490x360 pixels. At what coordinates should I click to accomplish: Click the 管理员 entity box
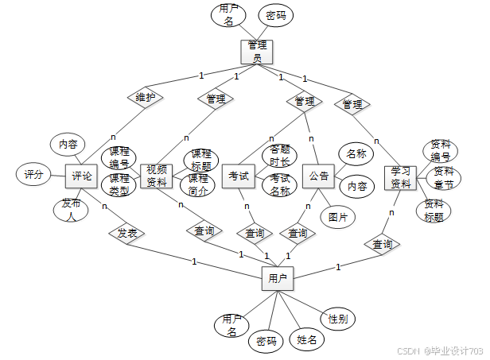256,52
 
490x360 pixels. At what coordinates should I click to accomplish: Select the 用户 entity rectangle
277,278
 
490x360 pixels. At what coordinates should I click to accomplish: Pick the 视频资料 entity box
157,176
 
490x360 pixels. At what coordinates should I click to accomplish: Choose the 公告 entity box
319,176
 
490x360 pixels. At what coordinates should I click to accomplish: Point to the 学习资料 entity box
400,178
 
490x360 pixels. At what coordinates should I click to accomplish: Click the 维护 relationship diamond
145,98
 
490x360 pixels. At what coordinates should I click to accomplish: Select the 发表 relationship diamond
127,234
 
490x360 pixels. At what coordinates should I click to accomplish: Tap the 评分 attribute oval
33,174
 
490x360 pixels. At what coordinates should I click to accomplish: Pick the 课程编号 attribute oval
119,157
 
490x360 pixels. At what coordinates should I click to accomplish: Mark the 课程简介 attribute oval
199,185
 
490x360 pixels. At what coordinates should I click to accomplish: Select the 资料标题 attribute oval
434,210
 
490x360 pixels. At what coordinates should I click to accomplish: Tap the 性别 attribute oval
337,318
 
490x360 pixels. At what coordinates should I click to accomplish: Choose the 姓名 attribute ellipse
307,339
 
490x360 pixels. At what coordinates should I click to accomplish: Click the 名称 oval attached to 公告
356,153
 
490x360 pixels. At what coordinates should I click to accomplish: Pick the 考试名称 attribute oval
279,185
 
